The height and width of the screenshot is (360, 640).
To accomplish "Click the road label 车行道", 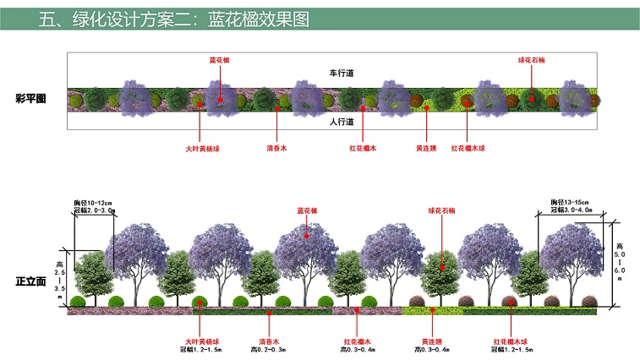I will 341,74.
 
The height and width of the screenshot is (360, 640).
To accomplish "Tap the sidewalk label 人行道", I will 341,121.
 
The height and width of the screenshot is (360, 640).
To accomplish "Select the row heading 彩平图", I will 30,99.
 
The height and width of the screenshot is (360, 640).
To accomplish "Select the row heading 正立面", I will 30,281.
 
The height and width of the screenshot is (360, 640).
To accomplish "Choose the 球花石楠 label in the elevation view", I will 437,210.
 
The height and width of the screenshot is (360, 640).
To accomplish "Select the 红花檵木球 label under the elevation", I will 511,341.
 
